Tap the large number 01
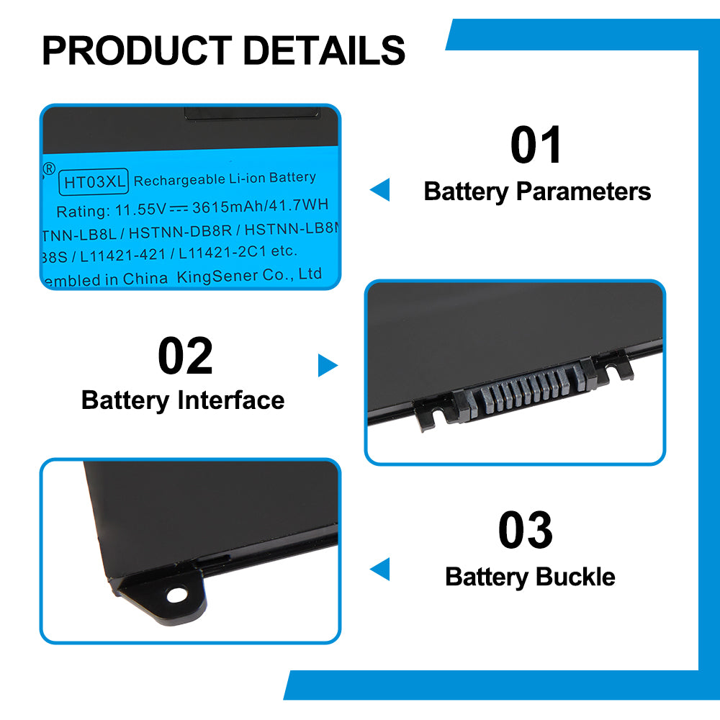point(536,145)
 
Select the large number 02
point(185,356)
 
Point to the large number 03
point(526,531)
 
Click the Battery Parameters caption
point(537,192)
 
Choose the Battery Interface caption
point(183,400)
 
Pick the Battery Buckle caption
point(530,577)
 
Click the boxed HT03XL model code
point(94,181)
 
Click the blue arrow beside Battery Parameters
point(379,190)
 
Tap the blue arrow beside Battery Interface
point(328,366)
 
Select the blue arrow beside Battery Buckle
point(379,569)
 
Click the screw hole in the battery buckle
point(175,595)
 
